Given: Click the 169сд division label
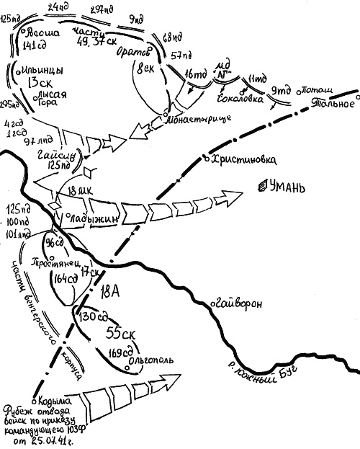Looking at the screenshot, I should [120, 354].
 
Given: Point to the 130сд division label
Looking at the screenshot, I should [94, 316].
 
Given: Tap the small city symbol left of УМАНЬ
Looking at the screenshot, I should [260, 188].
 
